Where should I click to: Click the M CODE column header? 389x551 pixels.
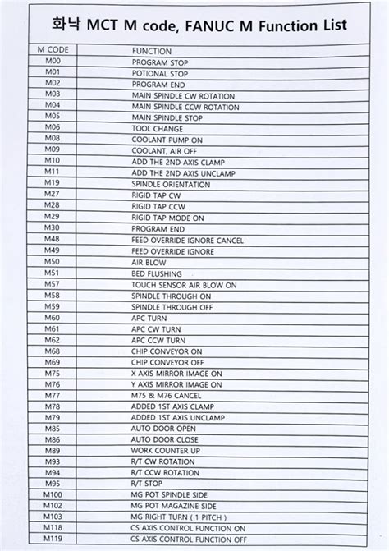53,50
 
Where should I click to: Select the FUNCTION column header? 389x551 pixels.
152,51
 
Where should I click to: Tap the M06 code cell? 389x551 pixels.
53,128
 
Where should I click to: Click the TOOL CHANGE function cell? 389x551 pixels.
158,128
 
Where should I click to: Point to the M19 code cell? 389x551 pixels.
53,182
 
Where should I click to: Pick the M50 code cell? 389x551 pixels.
53,261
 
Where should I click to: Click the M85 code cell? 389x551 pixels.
53,428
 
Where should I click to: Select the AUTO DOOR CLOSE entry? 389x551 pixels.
165,439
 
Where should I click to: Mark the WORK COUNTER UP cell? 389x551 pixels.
166,450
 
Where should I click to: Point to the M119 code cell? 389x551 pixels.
53,539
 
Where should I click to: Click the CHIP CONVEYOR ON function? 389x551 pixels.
167,350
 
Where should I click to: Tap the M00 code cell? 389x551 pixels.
53,62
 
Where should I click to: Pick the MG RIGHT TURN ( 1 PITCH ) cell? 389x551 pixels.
178,517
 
